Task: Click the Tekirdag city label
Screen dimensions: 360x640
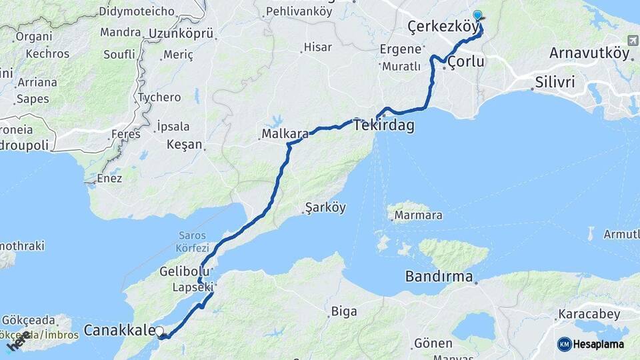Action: (x=384, y=125)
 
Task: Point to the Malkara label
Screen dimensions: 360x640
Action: (x=285, y=134)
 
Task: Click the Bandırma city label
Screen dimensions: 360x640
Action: (x=439, y=277)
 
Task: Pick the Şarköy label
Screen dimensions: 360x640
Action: (x=325, y=207)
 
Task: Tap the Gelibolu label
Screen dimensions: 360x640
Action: (x=185, y=271)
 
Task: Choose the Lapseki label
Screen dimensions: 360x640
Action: (x=193, y=287)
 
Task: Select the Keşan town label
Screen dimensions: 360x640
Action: (x=185, y=144)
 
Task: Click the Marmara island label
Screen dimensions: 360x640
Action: (x=418, y=215)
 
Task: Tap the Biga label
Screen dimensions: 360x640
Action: (x=344, y=311)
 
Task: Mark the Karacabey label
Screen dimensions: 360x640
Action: (x=590, y=314)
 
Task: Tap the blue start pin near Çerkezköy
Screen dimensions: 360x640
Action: (x=477, y=15)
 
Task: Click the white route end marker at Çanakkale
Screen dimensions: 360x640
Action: (x=159, y=331)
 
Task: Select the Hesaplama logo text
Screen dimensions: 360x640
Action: (x=598, y=344)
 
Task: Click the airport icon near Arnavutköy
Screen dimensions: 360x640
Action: (x=632, y=41)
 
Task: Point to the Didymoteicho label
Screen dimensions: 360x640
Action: (x=137, y=11)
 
